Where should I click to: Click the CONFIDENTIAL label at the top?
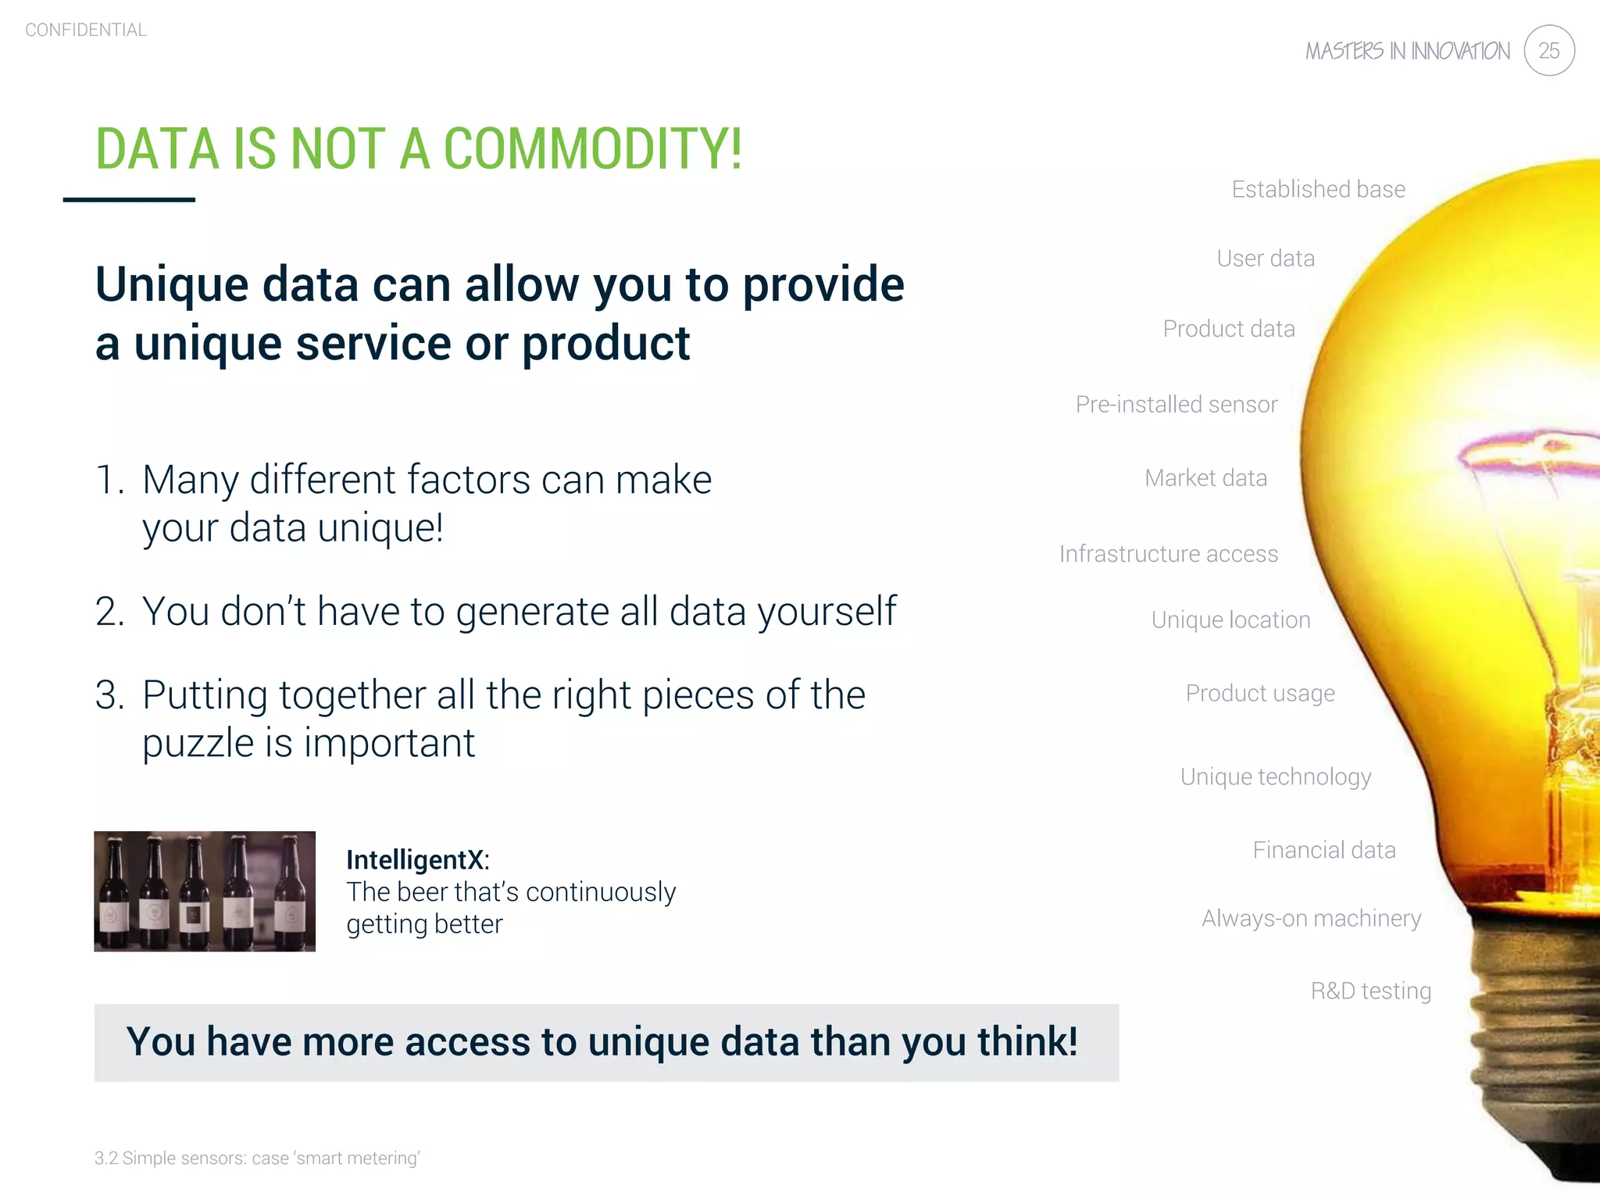pyautogui.click(x=86, y=30)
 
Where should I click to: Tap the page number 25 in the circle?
pyautogui.click(x=1548, y=51)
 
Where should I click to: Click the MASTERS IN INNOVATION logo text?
pyautogui.click(x=1408, y=52)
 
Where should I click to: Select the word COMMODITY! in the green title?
pyautogui.click(x=592, y=148)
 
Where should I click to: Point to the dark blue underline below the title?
pyautogui.click(x=129, y=200)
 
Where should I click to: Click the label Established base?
pyautogui.click(x=1318, y=189)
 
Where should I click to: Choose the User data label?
pyautogui.click(x=1266, y=259)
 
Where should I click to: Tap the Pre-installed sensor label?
pyautogui.click(x=1176, y=405)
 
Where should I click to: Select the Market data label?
pyautogui.click(x=1205, y=478)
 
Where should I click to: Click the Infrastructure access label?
pyautogui.click(x=1168, y=554)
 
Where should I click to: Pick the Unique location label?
pyautogui.click(x=1230, y=620)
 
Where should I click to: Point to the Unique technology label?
pyautogui.click(x=1275, y=777)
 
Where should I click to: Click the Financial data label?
pyautogui.click(x=1323, y=850)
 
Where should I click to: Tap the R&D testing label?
pyautogui.click(x=1370, y=991)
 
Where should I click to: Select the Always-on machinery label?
pyautogui.click(x=1311, y=918)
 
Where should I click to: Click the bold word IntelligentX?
pyautogui.click(x=416, y=860)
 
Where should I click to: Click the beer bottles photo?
pyautogui.click(x=205, y=891)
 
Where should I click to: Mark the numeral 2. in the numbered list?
pyautogui.click(x=109, y=612)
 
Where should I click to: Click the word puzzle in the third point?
pyautogui.click(x=198, y=744)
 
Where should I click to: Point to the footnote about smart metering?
pyautogui.click(x=257, y=1158)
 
